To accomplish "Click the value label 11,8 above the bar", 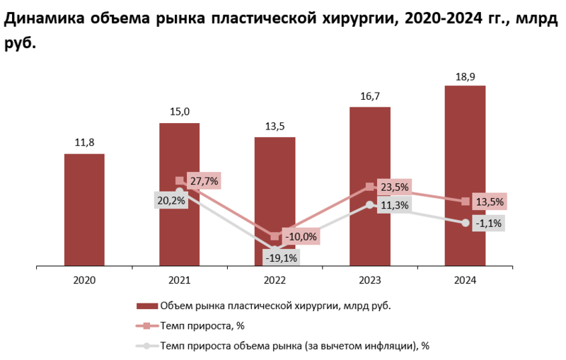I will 84,143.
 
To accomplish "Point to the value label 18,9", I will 465,75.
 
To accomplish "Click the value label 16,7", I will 369,96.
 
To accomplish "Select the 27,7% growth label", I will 204,181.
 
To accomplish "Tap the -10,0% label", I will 300,236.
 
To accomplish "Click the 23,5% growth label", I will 394,188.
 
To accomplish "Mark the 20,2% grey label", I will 171,200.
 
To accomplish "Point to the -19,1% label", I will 281,257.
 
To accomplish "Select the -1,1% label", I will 490,223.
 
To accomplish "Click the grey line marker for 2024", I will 465,223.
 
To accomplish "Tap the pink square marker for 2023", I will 369,187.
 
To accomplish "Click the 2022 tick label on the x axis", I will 275,280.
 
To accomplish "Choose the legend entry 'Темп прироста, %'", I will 202,325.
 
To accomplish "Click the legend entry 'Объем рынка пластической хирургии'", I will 275,306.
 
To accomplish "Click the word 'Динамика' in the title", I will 43,19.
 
